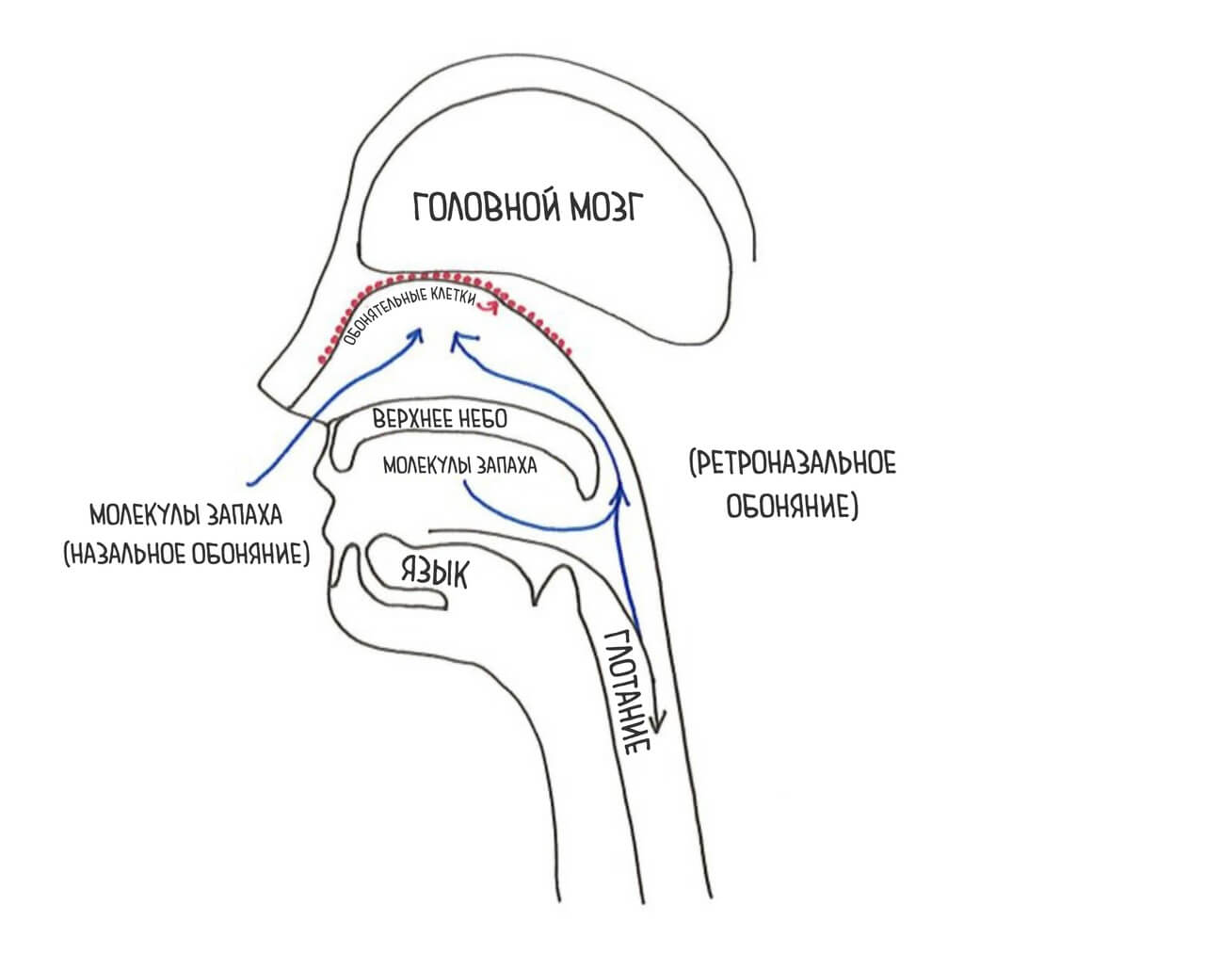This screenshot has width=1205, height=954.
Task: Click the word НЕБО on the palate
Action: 481,420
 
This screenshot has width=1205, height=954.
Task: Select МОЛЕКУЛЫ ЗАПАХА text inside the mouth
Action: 460,465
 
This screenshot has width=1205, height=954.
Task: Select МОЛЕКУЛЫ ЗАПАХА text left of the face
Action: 185,517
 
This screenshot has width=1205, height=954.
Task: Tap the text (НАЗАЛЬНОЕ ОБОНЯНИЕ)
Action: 185,553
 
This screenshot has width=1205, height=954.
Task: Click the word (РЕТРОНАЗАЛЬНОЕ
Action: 791,463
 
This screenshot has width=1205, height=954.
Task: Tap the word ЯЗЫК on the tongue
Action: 434,570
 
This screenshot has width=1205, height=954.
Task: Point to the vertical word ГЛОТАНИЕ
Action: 627,692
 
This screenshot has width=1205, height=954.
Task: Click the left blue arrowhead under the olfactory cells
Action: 418,334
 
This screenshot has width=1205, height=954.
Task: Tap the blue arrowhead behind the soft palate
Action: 621,491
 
